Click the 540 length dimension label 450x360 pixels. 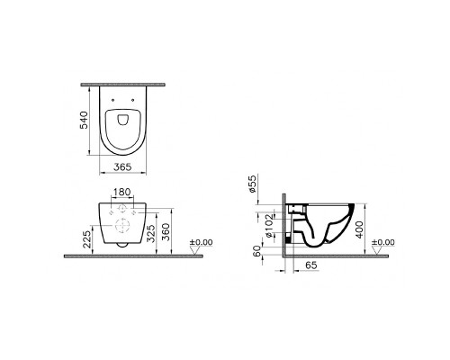(84, 120)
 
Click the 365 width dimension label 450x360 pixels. (122, 166)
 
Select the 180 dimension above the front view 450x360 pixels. (122, 192)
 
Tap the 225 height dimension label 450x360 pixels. (87, 239)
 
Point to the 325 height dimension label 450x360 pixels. (151, 233)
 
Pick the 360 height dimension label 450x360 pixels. (166, 232)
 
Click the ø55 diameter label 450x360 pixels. (252, 184)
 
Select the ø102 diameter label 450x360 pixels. (269, 226)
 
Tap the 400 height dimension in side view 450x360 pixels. (359, 229)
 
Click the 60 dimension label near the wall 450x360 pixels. (256, 251)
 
